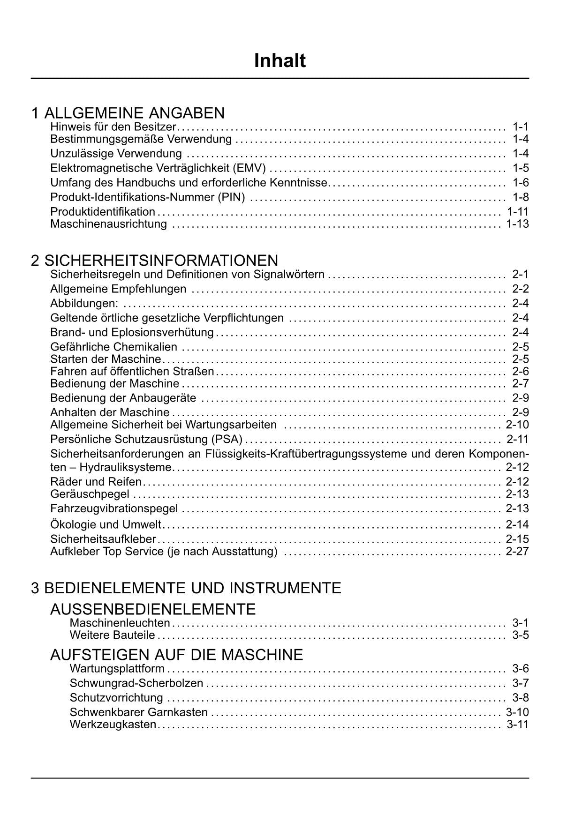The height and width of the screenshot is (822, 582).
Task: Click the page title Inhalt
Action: tap(280, 61)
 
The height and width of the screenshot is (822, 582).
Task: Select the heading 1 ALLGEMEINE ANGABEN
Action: tap(128, 113)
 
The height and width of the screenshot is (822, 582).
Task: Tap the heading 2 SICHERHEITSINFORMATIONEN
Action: tap(155, 261)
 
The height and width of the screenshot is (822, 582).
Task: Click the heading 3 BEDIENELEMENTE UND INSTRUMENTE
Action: tap(186, 588)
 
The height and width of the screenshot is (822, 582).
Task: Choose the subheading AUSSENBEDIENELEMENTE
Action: tap(153, 609)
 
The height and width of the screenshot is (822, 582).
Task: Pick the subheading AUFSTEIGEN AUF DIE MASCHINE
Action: tap(177, 655)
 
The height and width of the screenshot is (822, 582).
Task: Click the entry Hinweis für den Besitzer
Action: tap(113, 127)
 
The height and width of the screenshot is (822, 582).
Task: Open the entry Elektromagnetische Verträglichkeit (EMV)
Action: tap(158, 168)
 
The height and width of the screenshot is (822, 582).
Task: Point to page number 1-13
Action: tap(517, 224)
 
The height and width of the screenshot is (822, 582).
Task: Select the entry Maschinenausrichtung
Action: tap(108, 224)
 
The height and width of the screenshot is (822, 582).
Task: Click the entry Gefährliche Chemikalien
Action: tap(114, 347)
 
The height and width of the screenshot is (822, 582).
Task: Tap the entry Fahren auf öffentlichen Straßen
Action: tap(132, 372)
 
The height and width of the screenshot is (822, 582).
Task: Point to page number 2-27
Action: tap(517, 551)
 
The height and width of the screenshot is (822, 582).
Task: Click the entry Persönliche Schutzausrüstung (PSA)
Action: tap(146, 439)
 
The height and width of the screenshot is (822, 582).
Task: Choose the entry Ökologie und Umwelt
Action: tap(106, 524)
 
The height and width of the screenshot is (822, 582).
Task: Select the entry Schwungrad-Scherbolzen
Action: tap(136, 683)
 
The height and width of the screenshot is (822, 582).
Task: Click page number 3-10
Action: tap(517, 712)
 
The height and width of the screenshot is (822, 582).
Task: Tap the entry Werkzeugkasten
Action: tap(113, 725)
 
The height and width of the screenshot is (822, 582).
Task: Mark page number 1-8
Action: tap(521, 197)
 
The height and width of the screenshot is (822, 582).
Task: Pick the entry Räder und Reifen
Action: tap(96, 482)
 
